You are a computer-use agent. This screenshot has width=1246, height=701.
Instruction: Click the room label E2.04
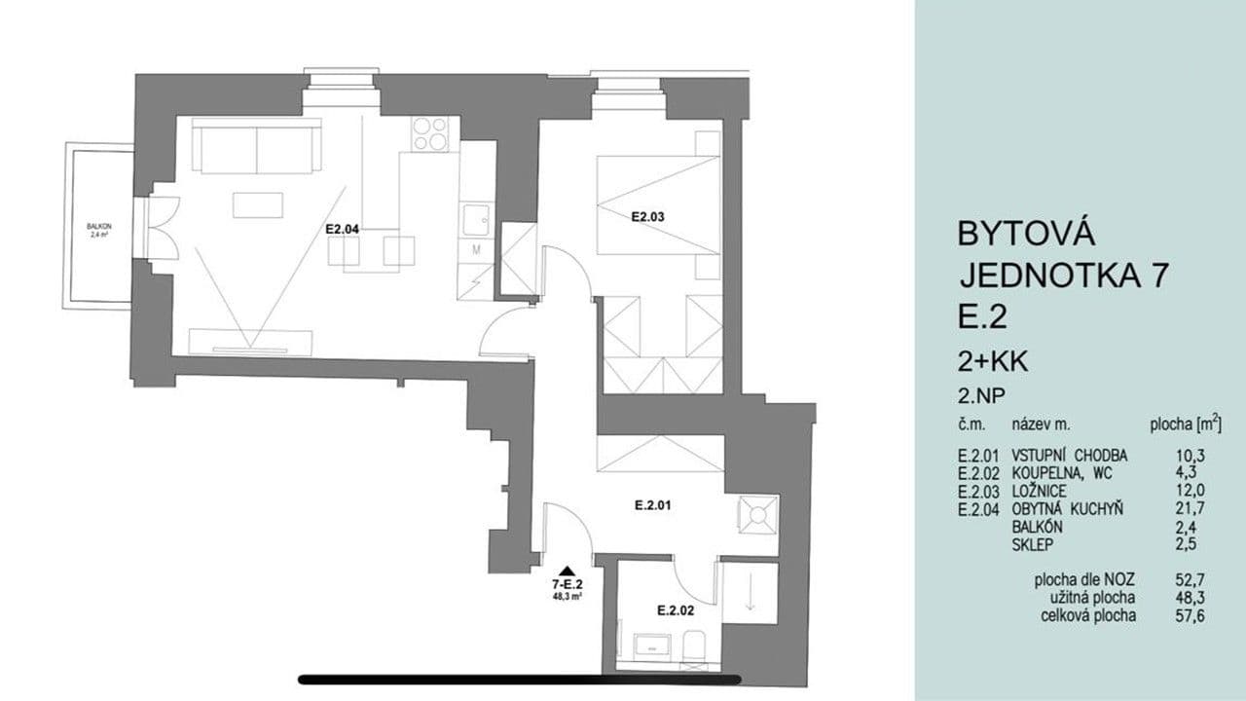[343, 230]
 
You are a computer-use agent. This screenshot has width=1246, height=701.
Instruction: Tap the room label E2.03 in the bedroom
[647, 217]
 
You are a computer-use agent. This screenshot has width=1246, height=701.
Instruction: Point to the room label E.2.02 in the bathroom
[674, 610]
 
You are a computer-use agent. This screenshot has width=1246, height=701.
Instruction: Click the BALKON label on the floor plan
[98, 227]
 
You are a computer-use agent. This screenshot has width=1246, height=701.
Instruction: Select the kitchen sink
[477, 221]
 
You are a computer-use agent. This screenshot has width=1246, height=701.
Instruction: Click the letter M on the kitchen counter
[477, 249]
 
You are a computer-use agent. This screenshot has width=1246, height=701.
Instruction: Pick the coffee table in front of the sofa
[258, 204]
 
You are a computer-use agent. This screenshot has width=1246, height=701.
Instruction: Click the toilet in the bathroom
[693, 646]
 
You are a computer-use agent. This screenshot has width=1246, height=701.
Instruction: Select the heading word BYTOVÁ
[1027, 234]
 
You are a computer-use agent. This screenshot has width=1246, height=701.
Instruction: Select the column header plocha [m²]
[1185, 424]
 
